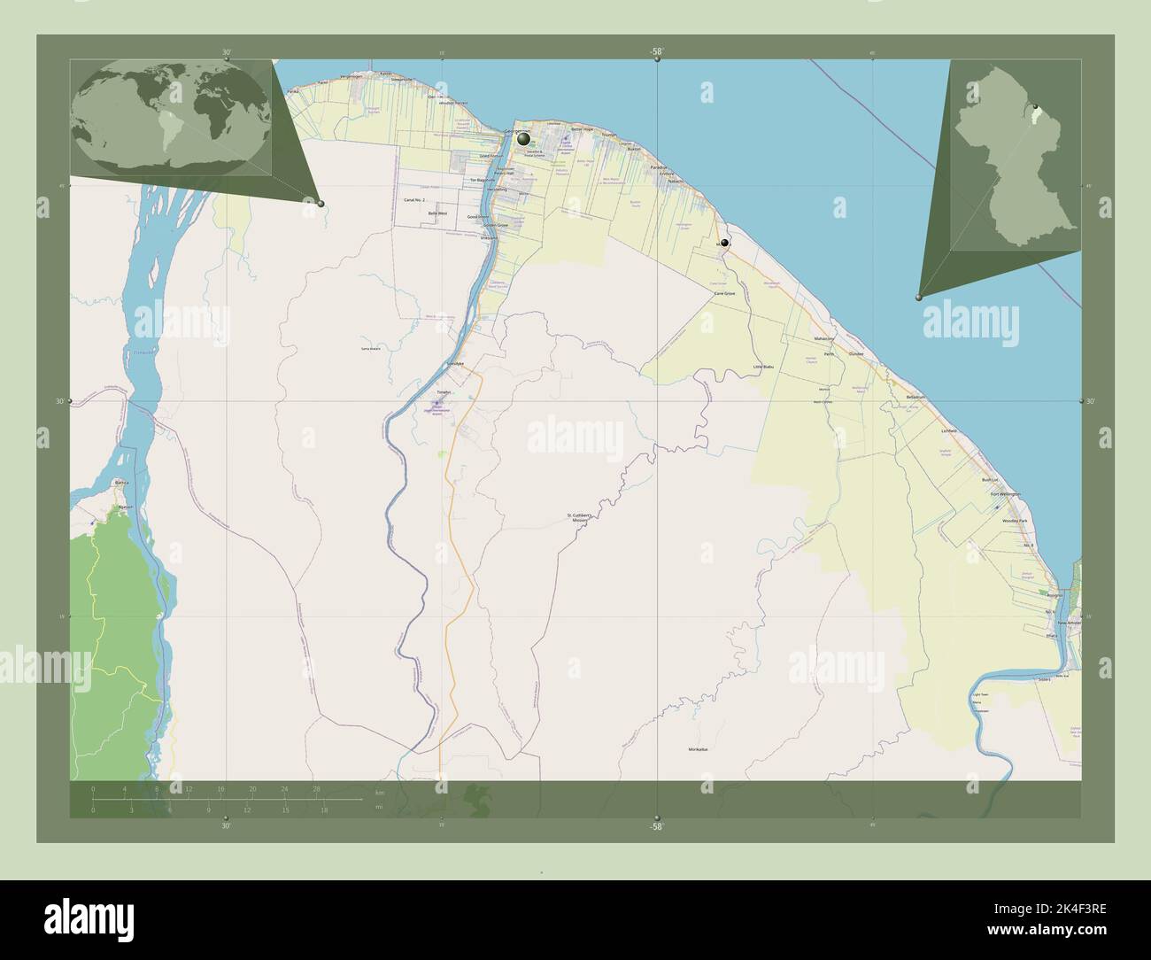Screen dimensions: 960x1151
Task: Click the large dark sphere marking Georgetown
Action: pyautogui.click(x=524, y=138)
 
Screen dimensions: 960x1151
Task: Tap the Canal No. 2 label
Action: pyautogui.click(x=415, y=201)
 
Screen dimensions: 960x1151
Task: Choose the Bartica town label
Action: pyautogui.click(x=122, y=483)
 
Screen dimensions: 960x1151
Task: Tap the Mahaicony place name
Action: pyautogui.click(x=824, y=339)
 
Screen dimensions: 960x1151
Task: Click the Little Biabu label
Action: pyautogui.click(x=762, y=366)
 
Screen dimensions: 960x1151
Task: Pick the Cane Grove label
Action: pyautogui.click(x=724, y=293)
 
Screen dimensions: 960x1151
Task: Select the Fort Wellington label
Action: pyautogui.click(x=1005, y=494)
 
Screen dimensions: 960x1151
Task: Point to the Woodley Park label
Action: pyautogui.click(x=1015, y=521)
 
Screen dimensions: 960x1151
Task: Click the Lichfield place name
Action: pyautogui.click(x=948, y=430)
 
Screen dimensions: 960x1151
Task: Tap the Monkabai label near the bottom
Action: pyautogui.click(x=699, y=749)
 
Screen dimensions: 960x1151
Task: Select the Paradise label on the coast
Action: pyautogui.click(x=658, y=167)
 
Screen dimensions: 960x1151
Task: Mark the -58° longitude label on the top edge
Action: pyautogui.click(x=655, y=52)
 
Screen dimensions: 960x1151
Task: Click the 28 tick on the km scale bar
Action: pyautogui.click(x=316, y=788)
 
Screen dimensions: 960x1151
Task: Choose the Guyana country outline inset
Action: pyautogui.click(x=1015, y=156)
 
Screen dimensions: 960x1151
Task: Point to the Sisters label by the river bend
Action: pyautogui.click(x=1044, y=680)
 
